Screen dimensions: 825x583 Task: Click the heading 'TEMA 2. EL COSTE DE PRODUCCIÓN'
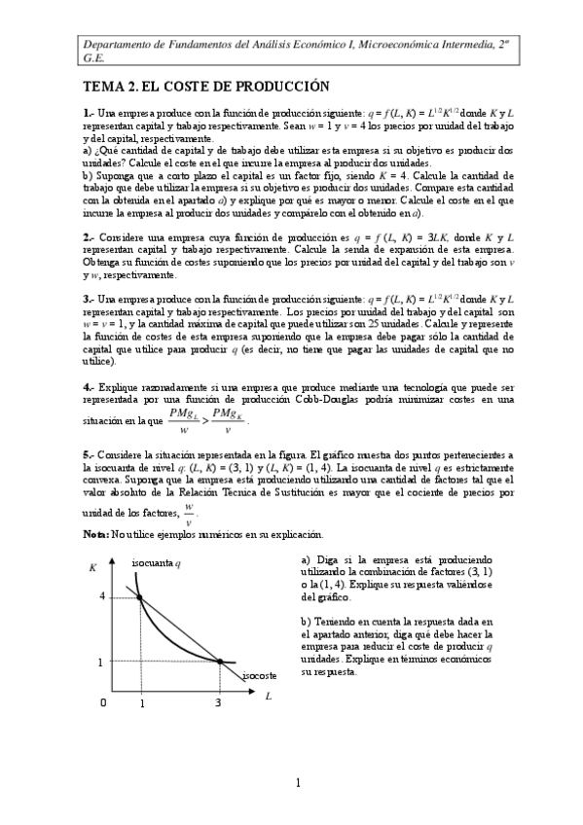point(205,88)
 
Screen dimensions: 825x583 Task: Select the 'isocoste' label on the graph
point(260,673)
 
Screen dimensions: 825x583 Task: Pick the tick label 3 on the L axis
point(217,702)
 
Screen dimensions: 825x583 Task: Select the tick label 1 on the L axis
point(141,702)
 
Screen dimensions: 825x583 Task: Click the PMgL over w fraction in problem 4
point(182,420)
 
